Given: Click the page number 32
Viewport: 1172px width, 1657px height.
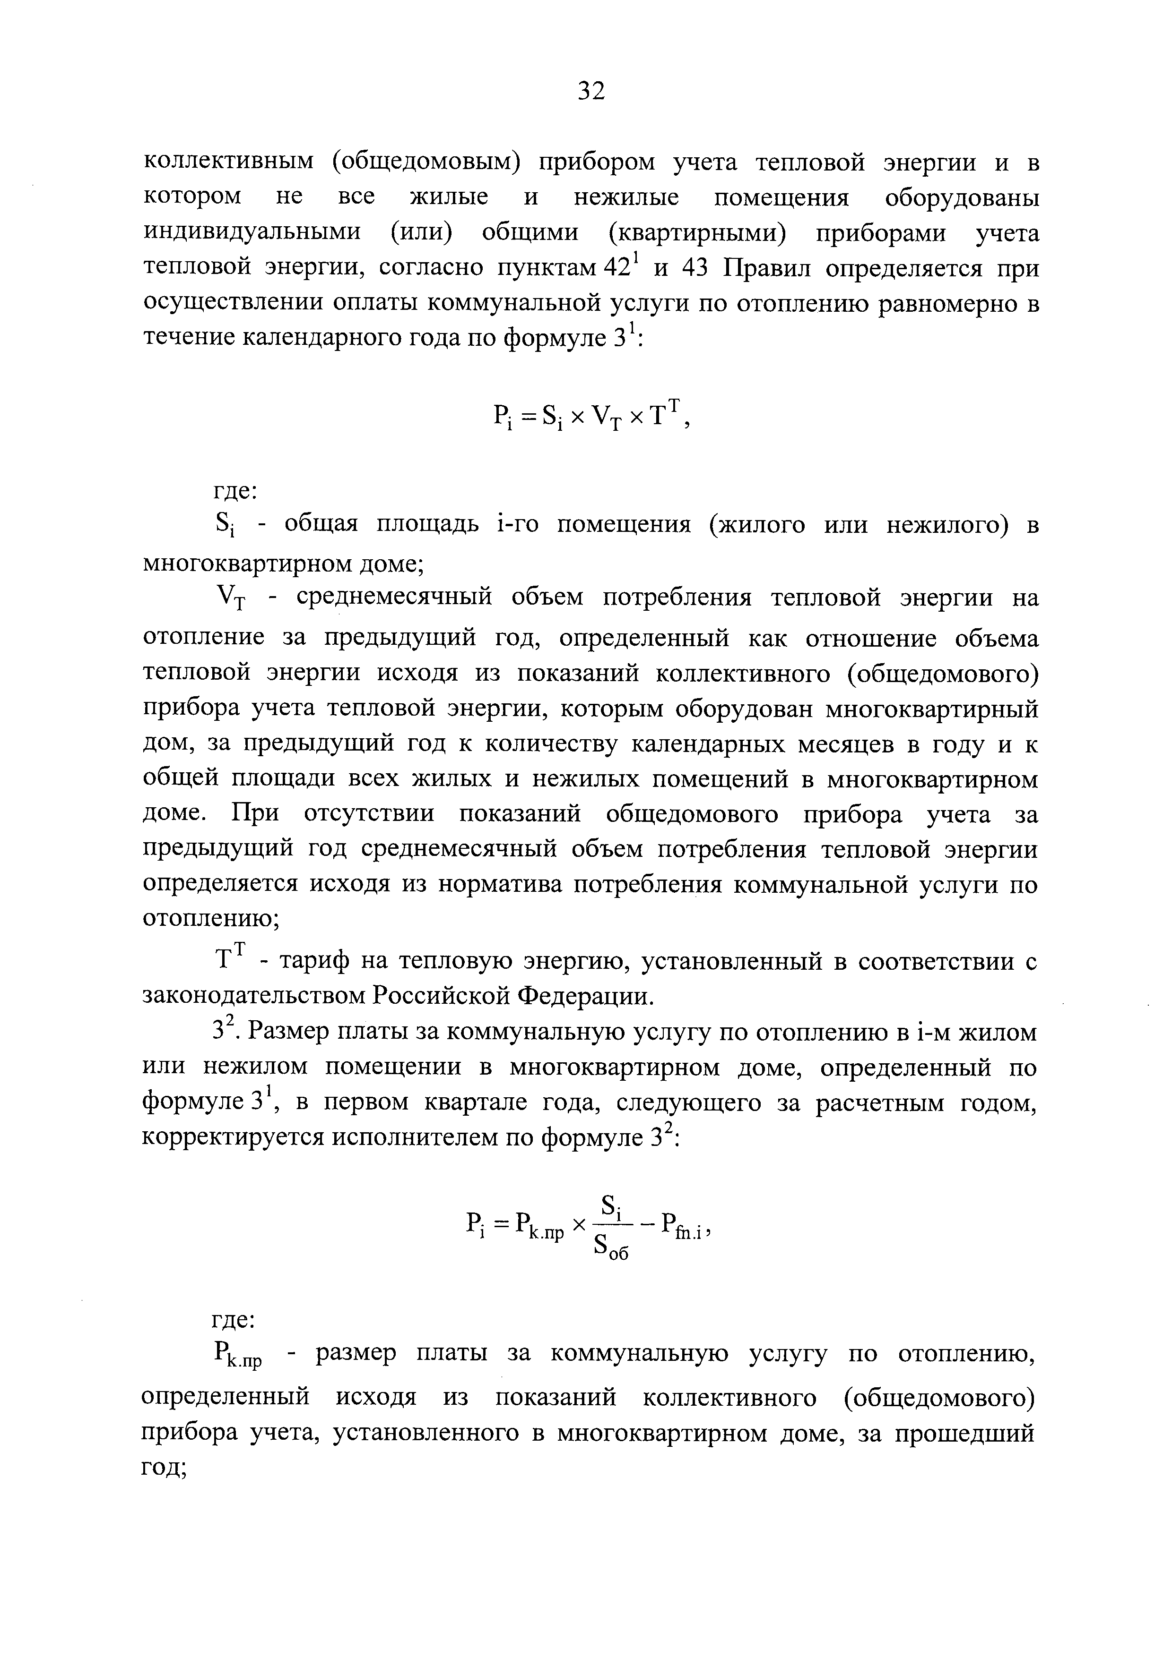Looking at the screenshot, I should pyautogui.click(x=590, y=91).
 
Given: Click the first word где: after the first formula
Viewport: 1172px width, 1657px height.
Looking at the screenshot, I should pyautogui.click(x=233, y=491).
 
